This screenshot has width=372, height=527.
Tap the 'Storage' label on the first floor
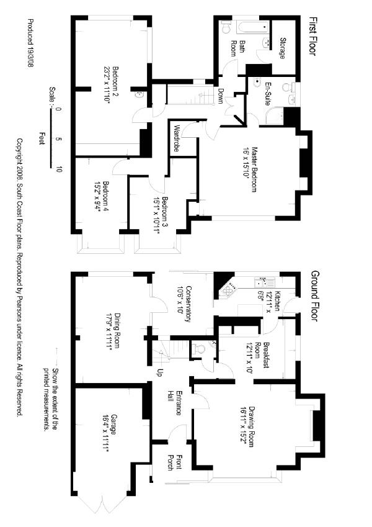pyautogui.click(x=283, y=49)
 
